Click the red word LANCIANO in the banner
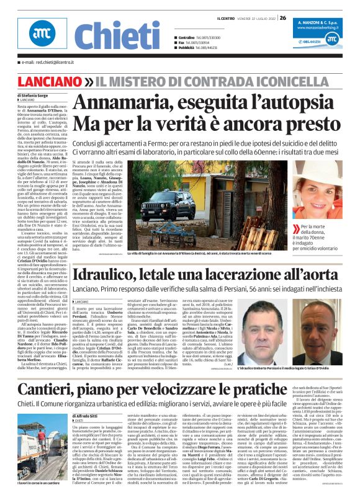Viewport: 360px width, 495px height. pos(43,82)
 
